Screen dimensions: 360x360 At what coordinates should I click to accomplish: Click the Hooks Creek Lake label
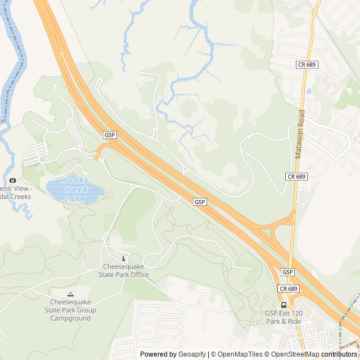coord(75,190)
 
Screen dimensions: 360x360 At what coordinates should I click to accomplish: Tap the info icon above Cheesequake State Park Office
coord(123,258)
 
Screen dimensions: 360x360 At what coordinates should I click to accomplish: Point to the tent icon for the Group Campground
coord(71,294)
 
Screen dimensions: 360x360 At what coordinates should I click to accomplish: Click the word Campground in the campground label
coord(70,318)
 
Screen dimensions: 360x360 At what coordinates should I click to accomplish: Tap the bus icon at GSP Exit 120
coord(283,304)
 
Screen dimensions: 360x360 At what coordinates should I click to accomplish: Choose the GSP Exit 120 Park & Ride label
coord(283,317)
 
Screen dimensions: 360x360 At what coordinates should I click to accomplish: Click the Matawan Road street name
coord(300,134)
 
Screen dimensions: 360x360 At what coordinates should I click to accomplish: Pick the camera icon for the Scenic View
coord(12,180)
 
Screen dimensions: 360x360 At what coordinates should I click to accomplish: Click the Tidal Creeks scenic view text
coord(16,196)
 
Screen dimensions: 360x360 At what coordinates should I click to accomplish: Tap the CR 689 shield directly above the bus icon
coord(288,289)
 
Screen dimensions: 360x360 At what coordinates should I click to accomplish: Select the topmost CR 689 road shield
coord(307,65)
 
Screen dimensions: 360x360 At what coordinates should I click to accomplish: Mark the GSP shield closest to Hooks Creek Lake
coord(110,135)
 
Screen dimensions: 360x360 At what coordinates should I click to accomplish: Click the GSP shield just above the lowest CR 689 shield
coord(288,272)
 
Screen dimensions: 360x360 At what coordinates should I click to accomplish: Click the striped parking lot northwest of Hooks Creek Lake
coord(35,151)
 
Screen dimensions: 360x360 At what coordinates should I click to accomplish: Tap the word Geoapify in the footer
coord(193,354)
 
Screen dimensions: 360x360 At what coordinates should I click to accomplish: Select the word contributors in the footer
coord(339,354)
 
